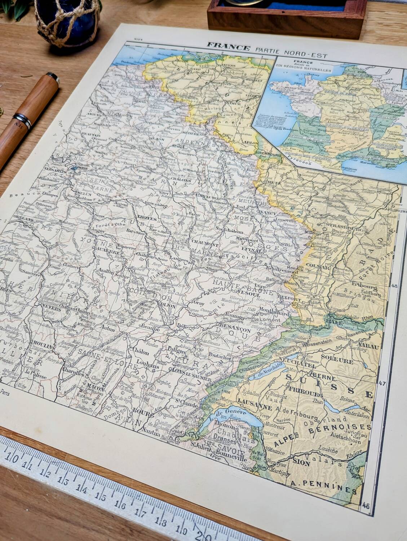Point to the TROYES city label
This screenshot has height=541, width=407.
pos(146,219)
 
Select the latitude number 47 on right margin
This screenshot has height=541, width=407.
pos(382,383)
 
